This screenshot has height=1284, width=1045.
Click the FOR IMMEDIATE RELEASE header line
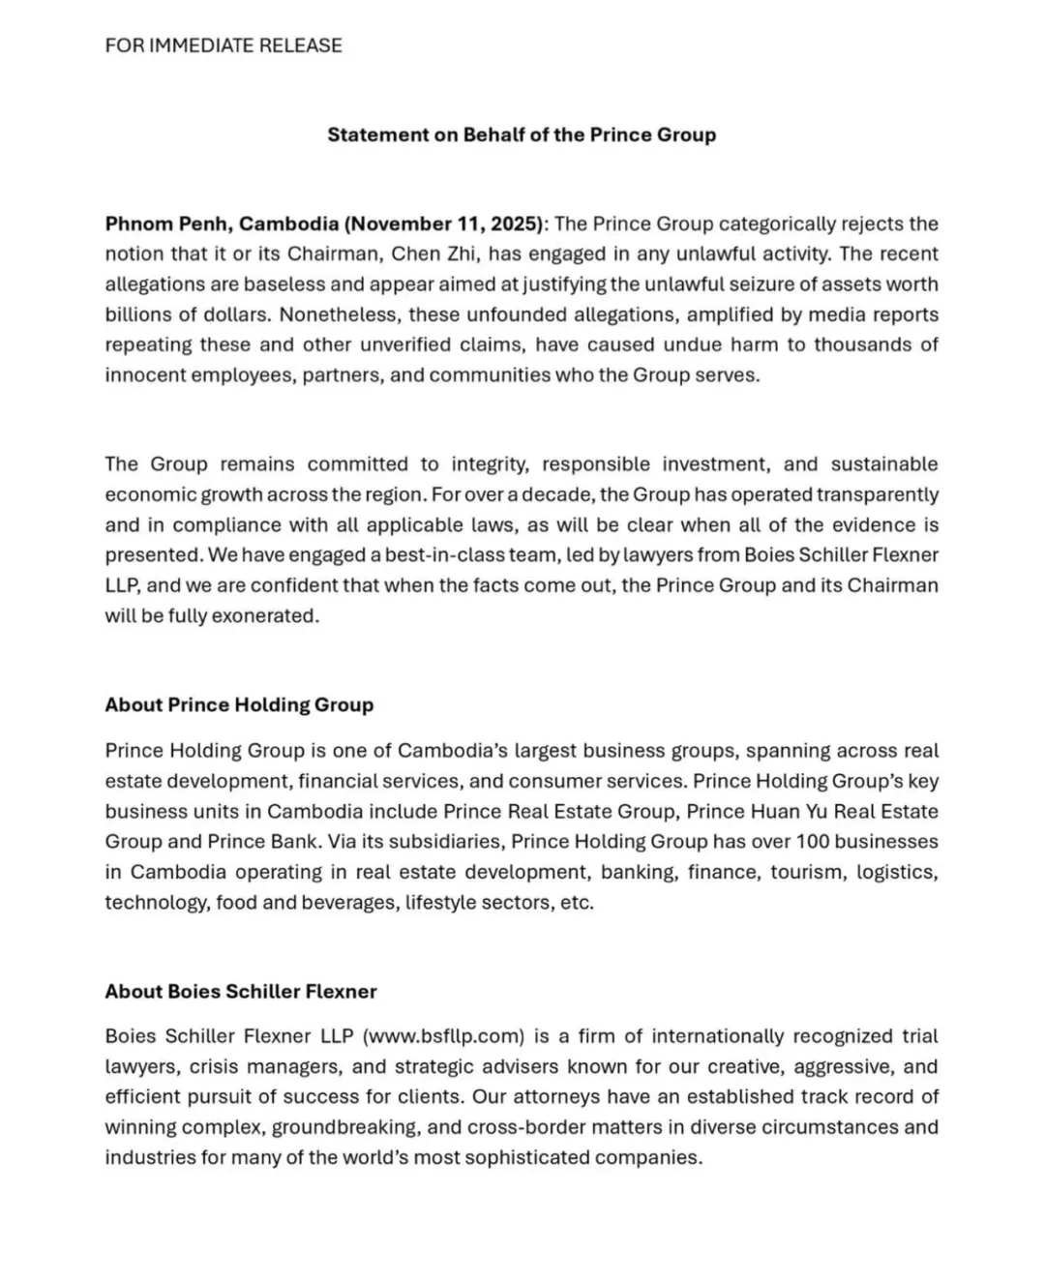click(224, 45)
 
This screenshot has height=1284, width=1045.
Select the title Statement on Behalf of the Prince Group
click(522, 134)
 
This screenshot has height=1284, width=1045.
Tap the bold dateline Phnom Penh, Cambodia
click(222, 224)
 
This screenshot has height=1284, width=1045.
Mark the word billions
click(141, 314)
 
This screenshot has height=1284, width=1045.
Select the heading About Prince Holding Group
click(239, 704)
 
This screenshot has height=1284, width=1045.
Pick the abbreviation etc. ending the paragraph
click(577, 903)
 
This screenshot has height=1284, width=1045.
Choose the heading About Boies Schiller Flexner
click(241, 991)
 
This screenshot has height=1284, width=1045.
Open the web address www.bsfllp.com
click(444, 1036)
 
